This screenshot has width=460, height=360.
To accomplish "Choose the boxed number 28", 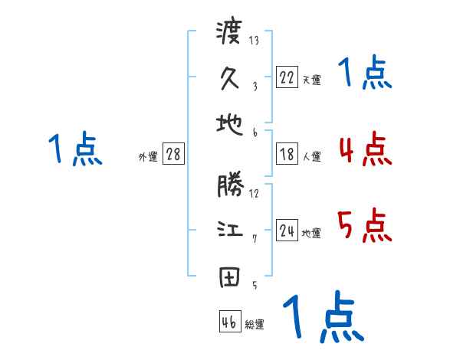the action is tap(174, 154).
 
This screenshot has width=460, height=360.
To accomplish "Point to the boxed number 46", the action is tap(229, 322).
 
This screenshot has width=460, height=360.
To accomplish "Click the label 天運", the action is tap(311, 79).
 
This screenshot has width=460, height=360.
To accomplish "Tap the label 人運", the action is tap(311, 157).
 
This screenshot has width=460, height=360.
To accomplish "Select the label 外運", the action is tap(148, 157).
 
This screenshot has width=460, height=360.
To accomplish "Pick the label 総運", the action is tap(254, 325).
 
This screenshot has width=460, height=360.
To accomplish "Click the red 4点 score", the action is tap(365, 149).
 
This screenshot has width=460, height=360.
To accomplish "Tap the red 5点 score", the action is tap(365, 226).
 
